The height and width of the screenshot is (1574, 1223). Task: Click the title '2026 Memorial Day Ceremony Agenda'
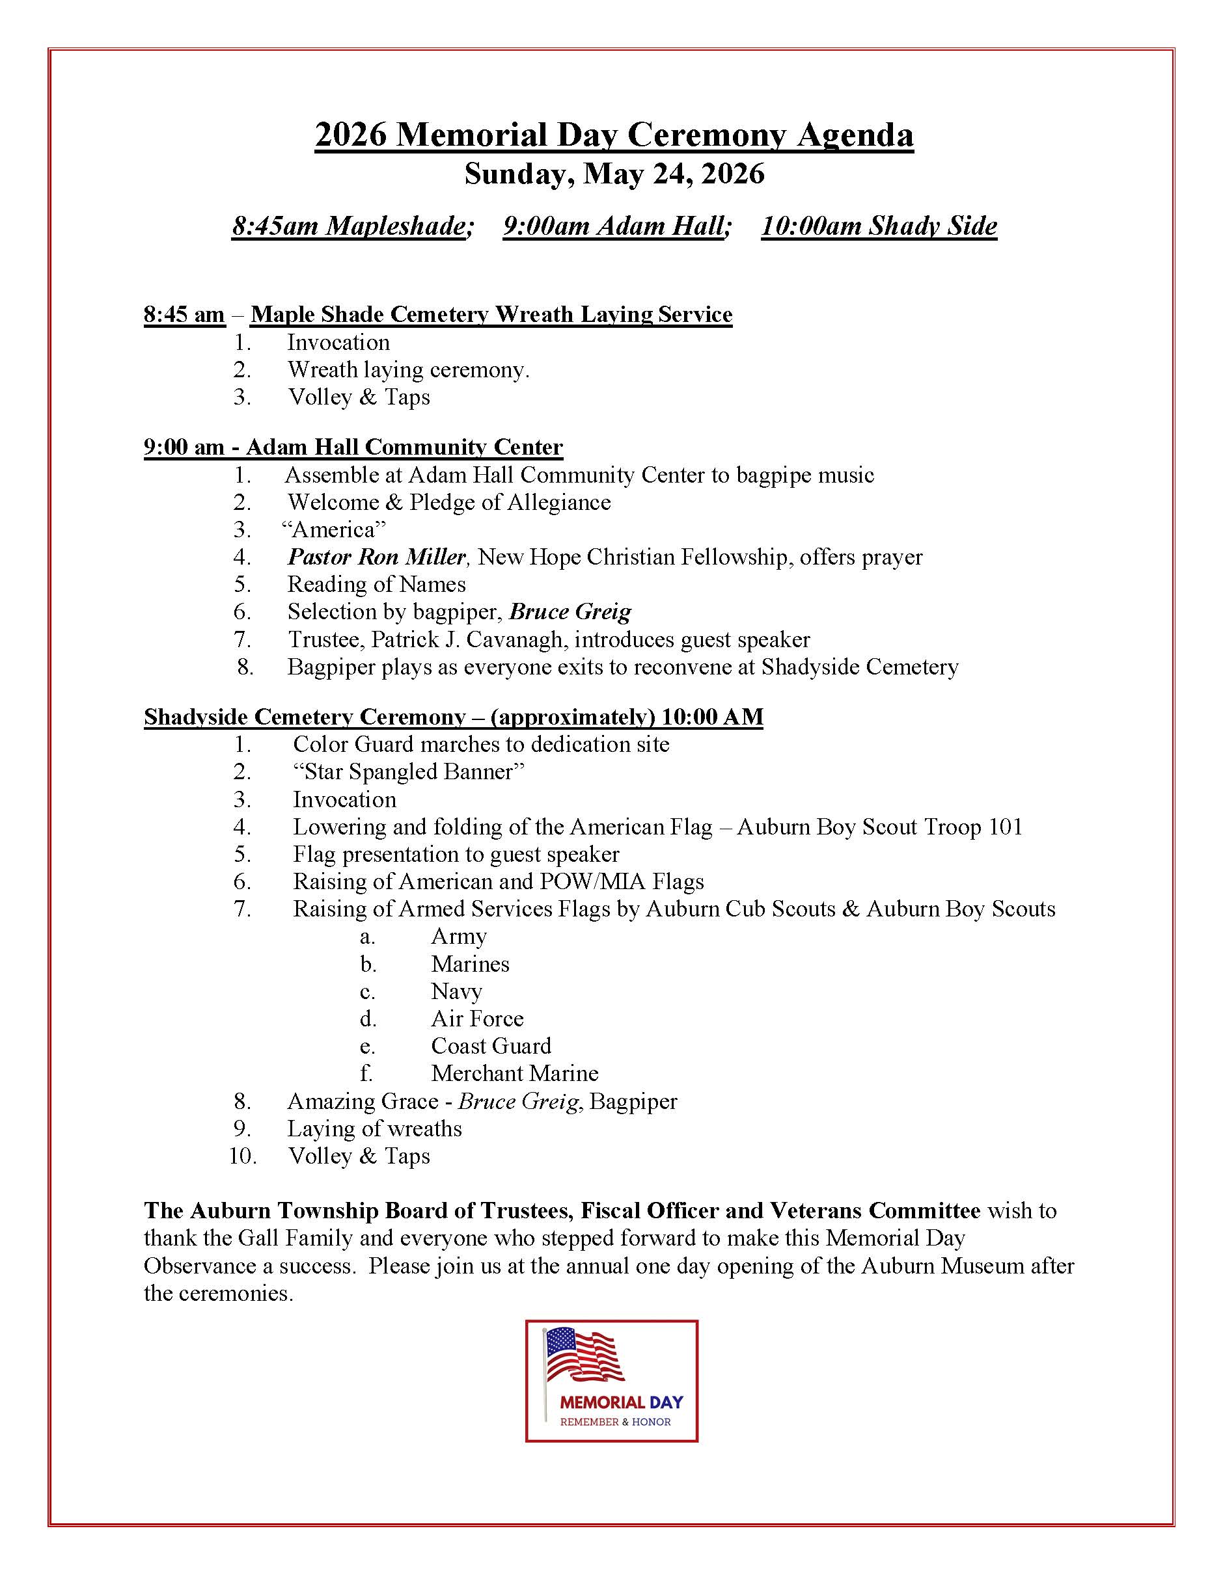614,135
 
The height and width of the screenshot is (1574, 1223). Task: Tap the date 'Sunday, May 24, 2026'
614,174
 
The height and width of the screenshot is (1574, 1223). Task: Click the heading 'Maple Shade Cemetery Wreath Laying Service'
491,314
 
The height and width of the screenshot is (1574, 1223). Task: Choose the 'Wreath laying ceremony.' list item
408,369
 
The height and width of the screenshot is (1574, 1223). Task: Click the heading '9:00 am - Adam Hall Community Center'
353,447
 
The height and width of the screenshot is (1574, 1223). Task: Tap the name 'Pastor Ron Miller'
376,557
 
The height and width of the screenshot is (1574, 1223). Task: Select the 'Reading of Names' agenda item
376,585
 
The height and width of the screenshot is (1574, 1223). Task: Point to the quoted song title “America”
334,529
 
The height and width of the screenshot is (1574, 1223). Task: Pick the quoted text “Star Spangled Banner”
408,772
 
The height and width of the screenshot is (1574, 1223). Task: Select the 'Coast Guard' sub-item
491,1046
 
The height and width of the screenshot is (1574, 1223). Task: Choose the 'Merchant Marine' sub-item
515,1073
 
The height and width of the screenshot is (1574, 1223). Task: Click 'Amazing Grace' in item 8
363,1101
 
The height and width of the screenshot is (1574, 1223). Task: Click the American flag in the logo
584,1355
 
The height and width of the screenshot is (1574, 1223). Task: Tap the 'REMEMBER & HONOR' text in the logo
615,1422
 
